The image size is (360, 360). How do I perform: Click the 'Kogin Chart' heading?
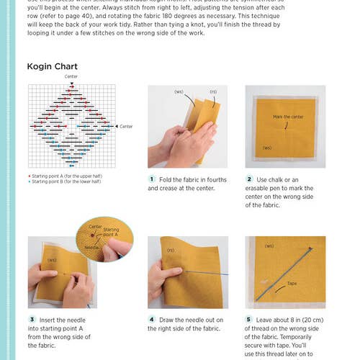[x=53, y=67]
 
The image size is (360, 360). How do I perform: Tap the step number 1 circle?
[x=152, y=179]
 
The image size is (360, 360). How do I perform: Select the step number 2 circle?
[x=249, y=179]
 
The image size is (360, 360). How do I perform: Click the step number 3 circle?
[x=32, y=320]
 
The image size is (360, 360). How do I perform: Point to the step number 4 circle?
[x=152, y=320]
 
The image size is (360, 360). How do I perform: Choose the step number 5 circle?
[x=249, y=320]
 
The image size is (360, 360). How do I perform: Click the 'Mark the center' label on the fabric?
[x=288, y=117]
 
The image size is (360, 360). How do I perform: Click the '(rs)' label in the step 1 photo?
[x=213, y=92]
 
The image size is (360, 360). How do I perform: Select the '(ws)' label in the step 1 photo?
[x=179, y=92]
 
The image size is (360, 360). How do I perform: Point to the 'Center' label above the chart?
[x=71, y=76]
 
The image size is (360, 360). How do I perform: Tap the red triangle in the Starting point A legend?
[x=29, y=176]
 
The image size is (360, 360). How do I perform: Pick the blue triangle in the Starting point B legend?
[x=29, y=181]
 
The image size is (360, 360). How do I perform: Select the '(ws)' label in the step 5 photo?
[x=269, y=246]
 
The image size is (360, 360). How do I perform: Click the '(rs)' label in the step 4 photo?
[x=171, y=251]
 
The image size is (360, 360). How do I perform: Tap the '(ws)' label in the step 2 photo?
[x=266, y=148]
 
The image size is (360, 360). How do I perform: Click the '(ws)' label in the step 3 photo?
[x=51, y=260]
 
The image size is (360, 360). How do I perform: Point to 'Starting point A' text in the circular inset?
[x=110, y=233]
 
